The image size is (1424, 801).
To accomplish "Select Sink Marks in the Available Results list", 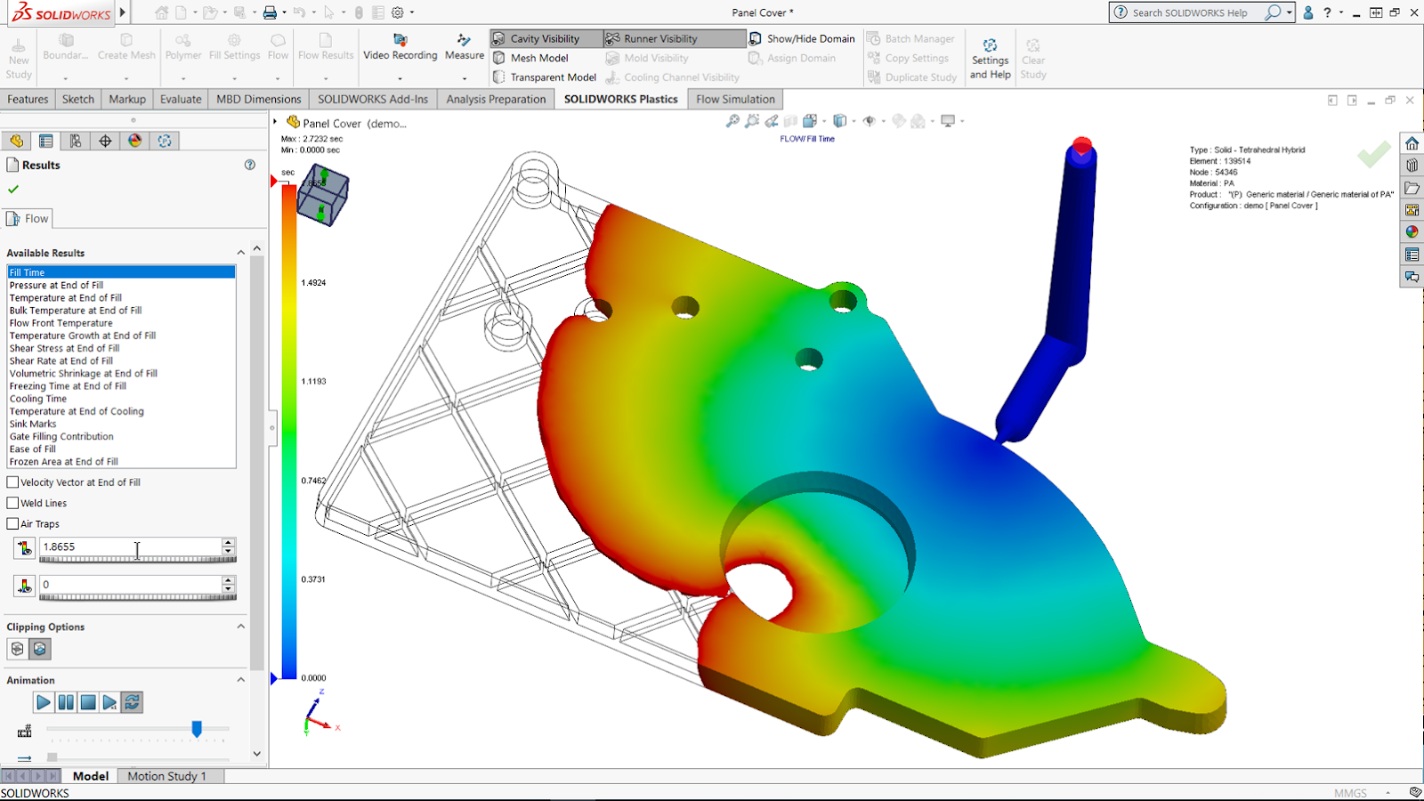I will (33, 424).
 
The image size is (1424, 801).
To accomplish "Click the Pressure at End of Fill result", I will (56, 285).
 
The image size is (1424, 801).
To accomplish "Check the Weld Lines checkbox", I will (13, 503).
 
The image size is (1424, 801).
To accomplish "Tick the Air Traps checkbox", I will (13, 523).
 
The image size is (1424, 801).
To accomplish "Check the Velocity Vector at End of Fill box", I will (13, 481).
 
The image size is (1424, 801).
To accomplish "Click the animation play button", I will (43, 702).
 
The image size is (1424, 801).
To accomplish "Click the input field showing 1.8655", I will (129, 546).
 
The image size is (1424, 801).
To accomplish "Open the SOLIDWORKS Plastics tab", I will (620, 99).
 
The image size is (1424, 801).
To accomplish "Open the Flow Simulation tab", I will (735, 99).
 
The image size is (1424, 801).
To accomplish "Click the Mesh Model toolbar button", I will (538, 58).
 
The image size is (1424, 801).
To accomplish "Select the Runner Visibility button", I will (659, 38).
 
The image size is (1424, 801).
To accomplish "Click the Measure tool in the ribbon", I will (464, 46).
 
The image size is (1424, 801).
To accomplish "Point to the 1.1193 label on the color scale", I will (313, 381).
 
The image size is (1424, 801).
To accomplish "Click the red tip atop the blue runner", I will (1082, 145).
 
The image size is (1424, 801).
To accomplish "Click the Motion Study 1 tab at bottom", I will (166, 776).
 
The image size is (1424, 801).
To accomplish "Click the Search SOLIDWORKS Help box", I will (1189, 12).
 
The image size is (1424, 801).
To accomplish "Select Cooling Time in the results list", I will (38, 399).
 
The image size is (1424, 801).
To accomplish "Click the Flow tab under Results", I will (29, 218).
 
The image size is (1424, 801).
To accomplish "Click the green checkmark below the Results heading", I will (13, 189).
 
